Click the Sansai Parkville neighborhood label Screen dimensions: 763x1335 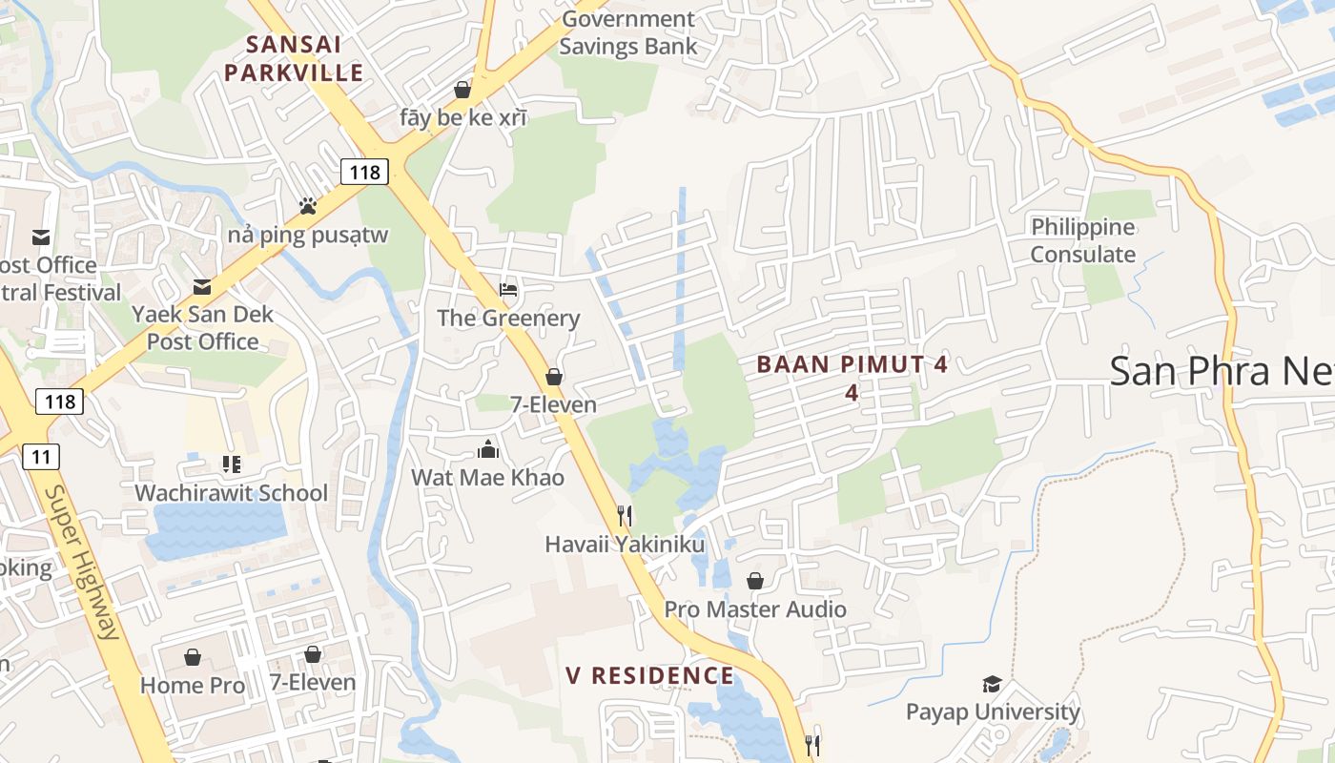point(294,58)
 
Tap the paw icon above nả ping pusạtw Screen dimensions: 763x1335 point(307,205)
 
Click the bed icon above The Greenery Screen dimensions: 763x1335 point(508,289)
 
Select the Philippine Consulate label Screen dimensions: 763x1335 point(1082,240)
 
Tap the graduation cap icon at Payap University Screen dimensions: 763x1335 point(992,684)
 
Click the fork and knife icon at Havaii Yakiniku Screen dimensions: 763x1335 point(625,516)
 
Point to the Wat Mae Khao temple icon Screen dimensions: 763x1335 point(488,449)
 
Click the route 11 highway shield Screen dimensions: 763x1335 point(40,457)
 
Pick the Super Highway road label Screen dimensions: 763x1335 point(83,563)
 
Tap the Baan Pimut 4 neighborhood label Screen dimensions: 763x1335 point(852,377)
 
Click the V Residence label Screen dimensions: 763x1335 point(650,676)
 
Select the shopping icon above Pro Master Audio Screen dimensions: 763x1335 point(754,581)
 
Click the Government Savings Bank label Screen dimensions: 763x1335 point(627,32)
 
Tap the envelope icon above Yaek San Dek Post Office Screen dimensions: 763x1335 point(202,286)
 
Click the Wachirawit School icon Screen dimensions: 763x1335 point(231,464)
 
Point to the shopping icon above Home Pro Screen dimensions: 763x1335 point(193,657)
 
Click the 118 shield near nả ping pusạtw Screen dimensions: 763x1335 point(363,172)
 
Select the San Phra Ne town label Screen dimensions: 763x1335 point(1221,370)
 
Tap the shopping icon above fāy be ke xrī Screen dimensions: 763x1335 point(462,90)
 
